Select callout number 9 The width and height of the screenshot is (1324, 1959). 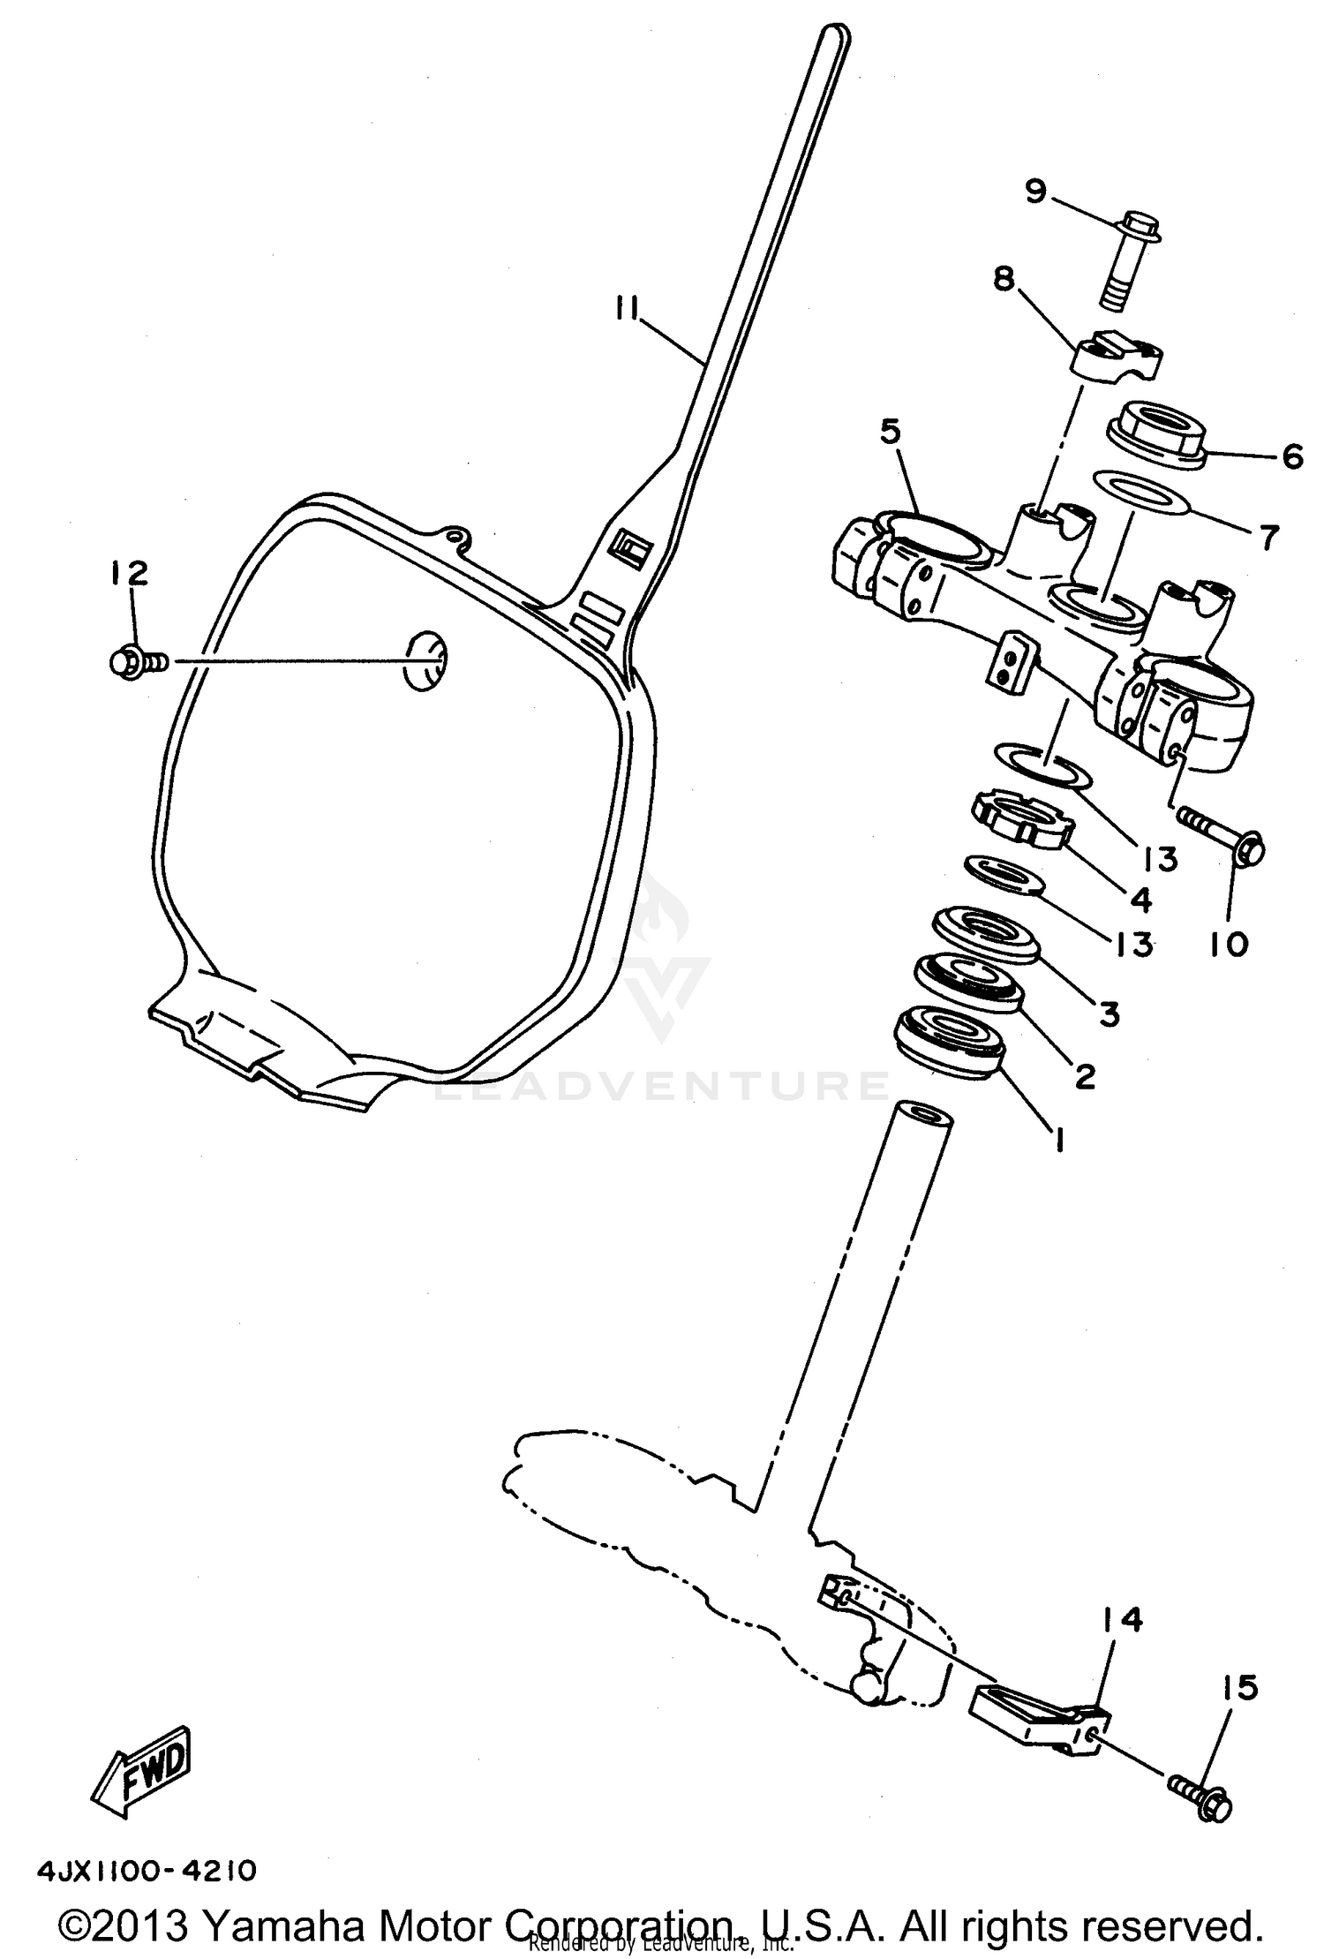(x=1035, y=191)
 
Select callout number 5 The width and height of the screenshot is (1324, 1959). (x=891, y=433)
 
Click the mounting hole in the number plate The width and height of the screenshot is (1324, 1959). (x=425, y=660)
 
